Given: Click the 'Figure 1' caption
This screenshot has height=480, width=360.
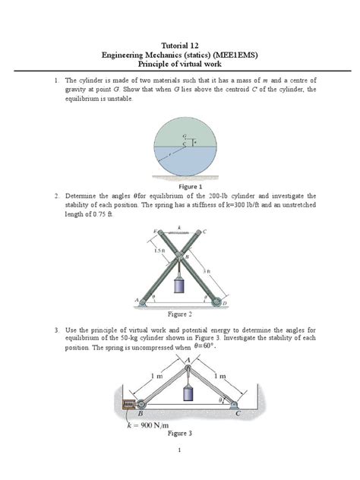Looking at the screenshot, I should coord(189,186).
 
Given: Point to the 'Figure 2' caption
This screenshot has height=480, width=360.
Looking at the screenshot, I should coord(180,314).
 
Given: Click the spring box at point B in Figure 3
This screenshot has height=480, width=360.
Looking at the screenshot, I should coord(131,405).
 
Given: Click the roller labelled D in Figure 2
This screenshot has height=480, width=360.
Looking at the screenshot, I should coord(218,301).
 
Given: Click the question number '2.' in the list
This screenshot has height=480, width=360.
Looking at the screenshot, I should coord(56,195).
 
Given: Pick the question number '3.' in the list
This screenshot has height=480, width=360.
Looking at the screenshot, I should coord(56,330).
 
